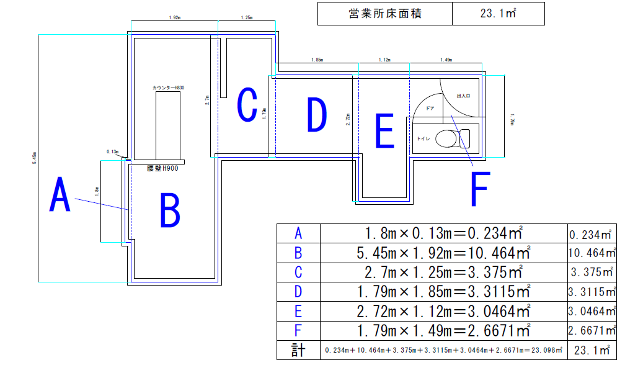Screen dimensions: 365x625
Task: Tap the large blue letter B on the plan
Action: tap(169, 210)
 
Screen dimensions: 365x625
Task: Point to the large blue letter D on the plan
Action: tap(316, 114)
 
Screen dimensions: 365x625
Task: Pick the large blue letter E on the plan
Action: tap(384, 130)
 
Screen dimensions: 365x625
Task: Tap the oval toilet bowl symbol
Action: tap(445, 138)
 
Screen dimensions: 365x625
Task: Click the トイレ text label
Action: tap(425, 138)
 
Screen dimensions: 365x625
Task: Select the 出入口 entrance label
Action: tap(463, 96)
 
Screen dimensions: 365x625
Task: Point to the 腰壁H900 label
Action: tap(163, 168)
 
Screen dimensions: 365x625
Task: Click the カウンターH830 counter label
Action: tap(168, 88)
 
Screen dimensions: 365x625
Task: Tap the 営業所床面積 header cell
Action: tap(384, 14)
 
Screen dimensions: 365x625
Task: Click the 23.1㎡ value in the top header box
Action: tap(499, 14)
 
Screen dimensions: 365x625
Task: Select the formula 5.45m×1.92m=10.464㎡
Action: tap(443, 253)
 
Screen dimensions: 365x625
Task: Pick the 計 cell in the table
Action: tap(298, 350)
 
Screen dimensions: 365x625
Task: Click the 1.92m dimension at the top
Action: tap(174, 19)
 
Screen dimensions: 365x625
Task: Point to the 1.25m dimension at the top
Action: tap(246, 19)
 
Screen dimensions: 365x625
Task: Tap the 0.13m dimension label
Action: tap(112, 151)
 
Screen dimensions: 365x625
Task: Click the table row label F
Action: tap(298, 330)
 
